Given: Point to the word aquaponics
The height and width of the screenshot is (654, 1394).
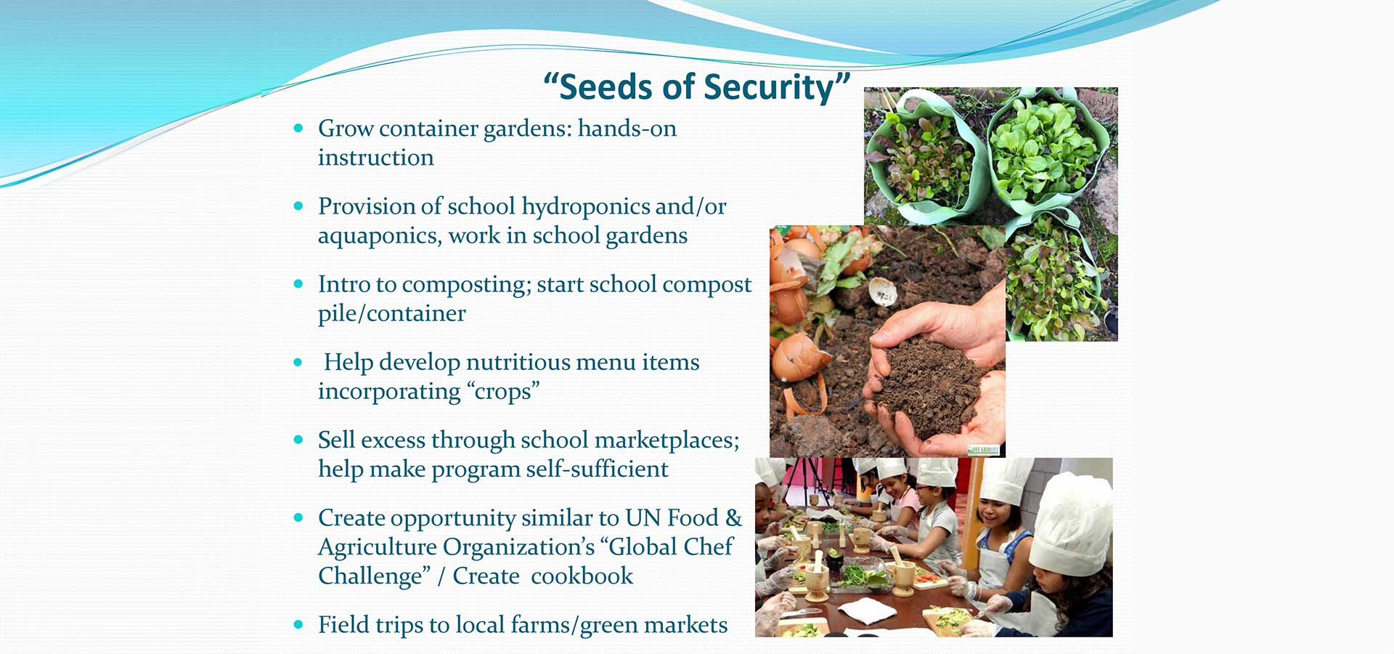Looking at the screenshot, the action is [378, 237].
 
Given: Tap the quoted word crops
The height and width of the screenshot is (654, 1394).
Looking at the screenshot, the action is [503, 391].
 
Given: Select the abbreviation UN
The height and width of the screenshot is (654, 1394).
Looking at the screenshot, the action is [643, 517].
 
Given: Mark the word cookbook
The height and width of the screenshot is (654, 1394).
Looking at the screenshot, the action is [582, 576].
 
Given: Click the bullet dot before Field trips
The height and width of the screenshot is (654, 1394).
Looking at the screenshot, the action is [298, 624].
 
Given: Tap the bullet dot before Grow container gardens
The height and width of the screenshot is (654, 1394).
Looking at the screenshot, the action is [298, 128].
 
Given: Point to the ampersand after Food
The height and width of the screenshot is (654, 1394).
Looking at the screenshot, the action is [733, 517].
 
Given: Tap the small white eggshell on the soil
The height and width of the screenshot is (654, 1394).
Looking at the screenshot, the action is [883, 292].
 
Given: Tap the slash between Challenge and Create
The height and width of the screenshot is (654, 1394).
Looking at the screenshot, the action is [441, 576].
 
